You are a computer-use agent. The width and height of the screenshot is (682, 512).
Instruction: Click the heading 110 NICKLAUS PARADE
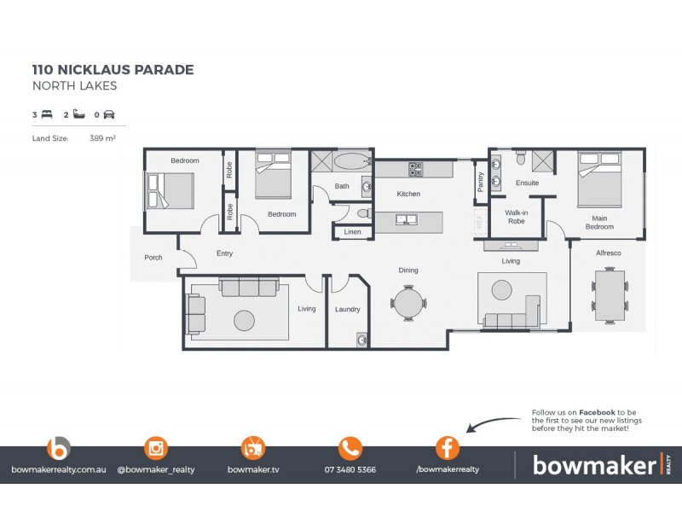(113, 70)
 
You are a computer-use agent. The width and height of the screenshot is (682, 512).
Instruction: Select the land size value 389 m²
(102, 137)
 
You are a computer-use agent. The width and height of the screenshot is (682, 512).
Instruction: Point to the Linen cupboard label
(352, 232)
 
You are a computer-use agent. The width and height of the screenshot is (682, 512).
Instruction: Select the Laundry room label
(347, 309)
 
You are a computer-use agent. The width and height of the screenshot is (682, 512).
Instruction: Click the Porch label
(153, 257)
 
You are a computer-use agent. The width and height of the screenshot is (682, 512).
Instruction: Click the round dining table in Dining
(407, 303)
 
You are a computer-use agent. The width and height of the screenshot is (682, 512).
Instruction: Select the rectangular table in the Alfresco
(610, 294)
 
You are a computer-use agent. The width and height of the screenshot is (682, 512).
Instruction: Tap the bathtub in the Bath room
(350, 160)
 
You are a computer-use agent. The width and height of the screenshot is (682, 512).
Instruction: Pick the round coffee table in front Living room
(244, 320)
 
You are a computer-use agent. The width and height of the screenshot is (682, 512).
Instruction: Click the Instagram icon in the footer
(156, 448)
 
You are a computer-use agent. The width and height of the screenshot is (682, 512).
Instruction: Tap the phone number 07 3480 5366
(350, 469)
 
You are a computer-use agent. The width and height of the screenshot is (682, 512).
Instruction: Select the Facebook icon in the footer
(448, 448)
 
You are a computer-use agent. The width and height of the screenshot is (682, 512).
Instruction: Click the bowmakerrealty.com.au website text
(59, 469)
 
